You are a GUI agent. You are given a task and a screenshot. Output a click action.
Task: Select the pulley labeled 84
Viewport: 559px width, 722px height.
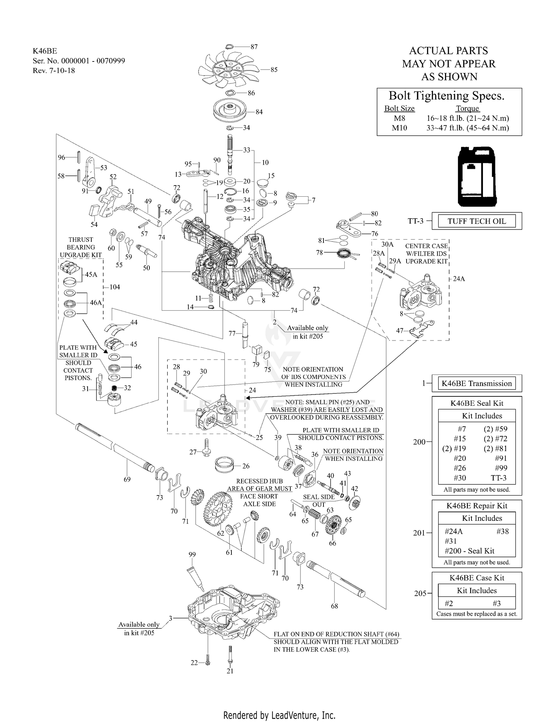point(231,111)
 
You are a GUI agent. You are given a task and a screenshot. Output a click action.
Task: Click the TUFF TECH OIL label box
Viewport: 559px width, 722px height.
point(477,221)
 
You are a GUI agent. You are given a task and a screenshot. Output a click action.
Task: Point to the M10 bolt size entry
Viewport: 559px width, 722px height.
point(400,128)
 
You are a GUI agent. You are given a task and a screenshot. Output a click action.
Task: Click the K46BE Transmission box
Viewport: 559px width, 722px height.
point(477,384)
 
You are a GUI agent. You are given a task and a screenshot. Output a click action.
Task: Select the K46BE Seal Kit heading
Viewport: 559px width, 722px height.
point(477,403)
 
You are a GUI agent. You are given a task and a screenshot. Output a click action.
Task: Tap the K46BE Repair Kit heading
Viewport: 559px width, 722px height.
point(477,506)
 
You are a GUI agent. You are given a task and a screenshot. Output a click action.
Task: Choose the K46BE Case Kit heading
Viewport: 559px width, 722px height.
point(477,578)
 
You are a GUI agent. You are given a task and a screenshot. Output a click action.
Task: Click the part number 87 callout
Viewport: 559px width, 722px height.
point(254,47)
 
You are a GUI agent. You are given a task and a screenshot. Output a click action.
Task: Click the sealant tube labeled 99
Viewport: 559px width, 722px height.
point(197,576)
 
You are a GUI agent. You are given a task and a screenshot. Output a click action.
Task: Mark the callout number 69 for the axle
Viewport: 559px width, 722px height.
point(127,479)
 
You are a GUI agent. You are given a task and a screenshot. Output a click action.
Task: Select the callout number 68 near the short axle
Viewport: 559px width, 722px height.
point(334,606)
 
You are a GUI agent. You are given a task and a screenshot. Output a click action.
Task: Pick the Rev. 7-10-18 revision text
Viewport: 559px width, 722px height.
point(54,70)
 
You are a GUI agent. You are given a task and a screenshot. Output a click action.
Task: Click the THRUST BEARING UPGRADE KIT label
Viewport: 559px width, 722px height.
point(80,247)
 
